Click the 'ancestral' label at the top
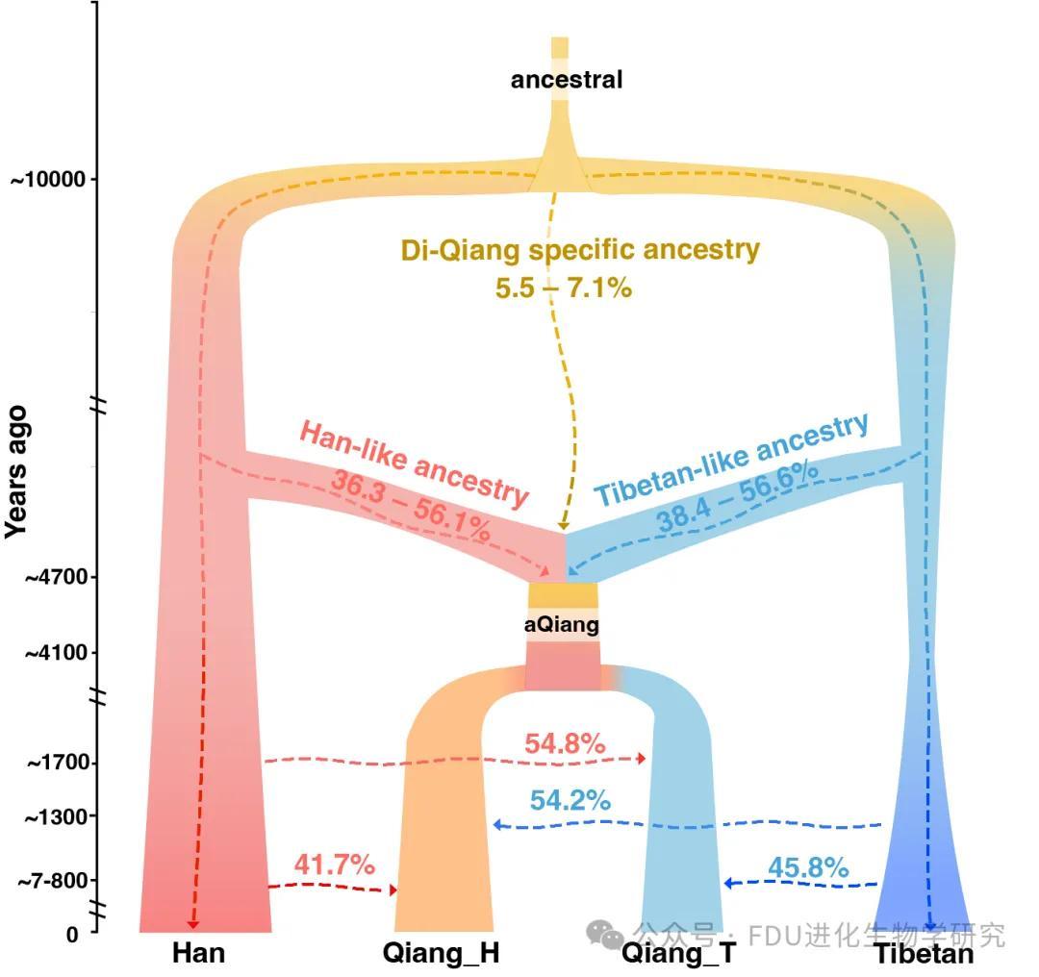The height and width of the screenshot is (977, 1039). point(567,79)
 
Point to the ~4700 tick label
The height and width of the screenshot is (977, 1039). point(55,577)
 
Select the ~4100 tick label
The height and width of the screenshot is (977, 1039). point(55,653)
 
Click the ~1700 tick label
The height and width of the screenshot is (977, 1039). point(57,764)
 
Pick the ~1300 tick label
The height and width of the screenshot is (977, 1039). point(57,817)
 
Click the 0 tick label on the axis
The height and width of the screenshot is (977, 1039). point(72,934)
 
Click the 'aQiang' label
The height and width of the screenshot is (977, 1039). point(562,625)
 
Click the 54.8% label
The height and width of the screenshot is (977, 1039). point(565,743)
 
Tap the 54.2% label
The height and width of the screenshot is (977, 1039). point(570,799)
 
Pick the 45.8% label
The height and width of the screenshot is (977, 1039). point(808,867)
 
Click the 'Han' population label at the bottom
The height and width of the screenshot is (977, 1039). point(199,954)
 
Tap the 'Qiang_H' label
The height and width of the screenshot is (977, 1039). point(441,954)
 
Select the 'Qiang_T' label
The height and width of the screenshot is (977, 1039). point(678,954)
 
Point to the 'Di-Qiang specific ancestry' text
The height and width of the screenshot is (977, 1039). point(580,250)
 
